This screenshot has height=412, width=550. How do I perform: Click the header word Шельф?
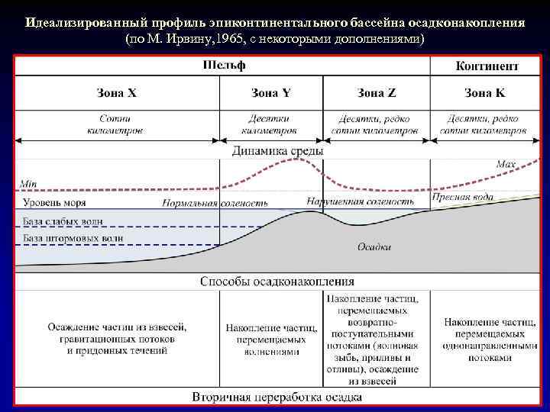tap(224, 66)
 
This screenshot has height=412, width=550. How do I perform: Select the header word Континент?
tap(487, 66)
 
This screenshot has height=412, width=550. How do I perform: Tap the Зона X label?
tap(117, 93)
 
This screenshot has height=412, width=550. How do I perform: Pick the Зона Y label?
tap(270, 93)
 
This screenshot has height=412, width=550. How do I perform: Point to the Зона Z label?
tap(377, 93)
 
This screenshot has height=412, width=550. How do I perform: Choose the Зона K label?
tap(484, 93)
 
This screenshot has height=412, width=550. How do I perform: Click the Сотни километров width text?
tap(115, 124)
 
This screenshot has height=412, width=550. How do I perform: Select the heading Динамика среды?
tap(277, 151)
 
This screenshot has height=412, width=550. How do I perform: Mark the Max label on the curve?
tap(506, 163)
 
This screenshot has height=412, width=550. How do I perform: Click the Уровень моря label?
tap(54, 203)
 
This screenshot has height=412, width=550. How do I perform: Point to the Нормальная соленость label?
tap(215, 204)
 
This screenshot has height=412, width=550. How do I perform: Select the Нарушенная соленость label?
tap(360, 201)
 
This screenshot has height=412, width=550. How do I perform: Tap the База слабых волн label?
tap(63, 222)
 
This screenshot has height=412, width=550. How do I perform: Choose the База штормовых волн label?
tap(73, 239)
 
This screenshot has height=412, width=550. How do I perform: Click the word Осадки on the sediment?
tap(374, 246)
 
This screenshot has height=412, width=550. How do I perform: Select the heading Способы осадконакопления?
tap(277, 282)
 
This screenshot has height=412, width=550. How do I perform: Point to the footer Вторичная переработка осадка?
tap(277, 397)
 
